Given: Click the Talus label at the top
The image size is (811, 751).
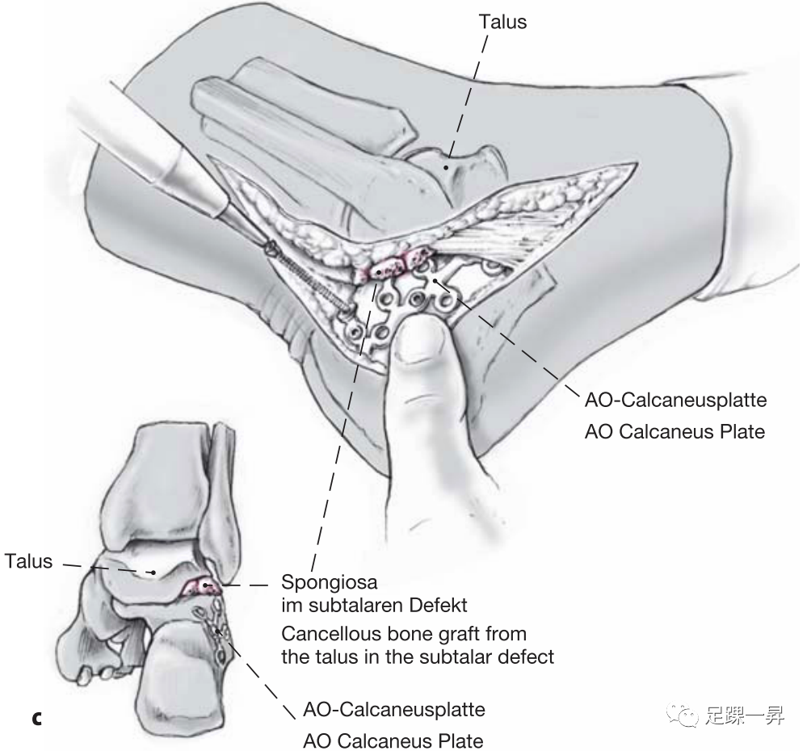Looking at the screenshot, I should coord(502,22).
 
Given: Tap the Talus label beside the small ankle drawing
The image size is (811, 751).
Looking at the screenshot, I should coord(28,560).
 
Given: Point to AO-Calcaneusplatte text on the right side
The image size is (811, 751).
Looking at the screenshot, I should coord(674,400).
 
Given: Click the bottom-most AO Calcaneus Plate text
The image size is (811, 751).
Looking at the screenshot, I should coord(393,740).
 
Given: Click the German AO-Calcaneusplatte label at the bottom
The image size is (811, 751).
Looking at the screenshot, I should coord(393,710).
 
